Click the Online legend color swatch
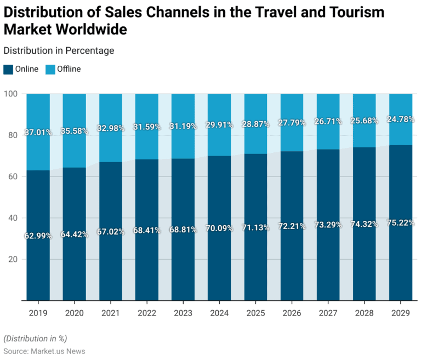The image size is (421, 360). click(8, 69)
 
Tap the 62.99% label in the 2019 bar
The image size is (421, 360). click(38, 236)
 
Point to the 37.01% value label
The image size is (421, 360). click(38, 133)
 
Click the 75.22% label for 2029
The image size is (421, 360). click(400, 222)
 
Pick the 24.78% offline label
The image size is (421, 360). click(400, 119)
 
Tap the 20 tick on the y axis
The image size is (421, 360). click(14, 259)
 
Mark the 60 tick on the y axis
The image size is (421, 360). click(14, 176)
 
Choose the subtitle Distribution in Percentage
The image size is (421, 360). click(59, 50)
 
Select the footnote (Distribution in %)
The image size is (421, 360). click(35, 338)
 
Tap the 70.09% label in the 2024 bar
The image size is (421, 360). click(219, 228)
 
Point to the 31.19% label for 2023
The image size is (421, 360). click(183, 126)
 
